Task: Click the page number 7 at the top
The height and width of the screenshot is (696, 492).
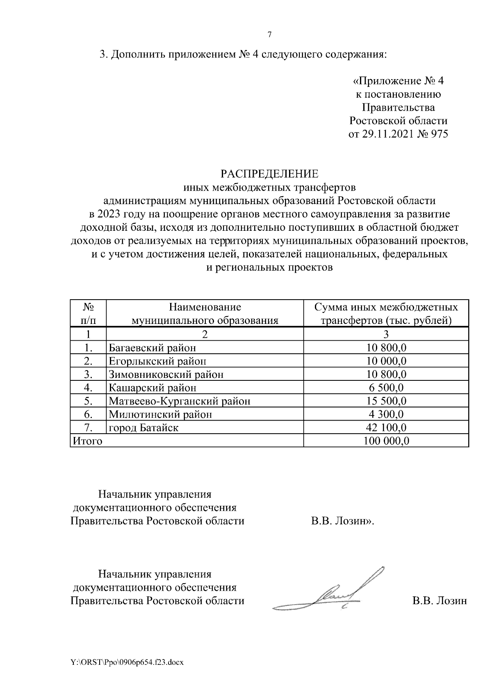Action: tap(269, 35)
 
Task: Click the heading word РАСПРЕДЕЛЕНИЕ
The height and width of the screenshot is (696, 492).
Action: tap(269, 174)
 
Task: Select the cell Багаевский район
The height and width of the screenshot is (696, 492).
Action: tap(152, 348)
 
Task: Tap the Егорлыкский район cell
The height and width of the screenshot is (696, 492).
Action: tap(157, 361)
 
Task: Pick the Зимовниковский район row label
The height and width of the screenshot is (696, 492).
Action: tap(166, 374)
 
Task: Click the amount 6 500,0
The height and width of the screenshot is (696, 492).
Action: tap(386, 387)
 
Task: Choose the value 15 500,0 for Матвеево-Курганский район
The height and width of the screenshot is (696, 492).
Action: tap(386, 401)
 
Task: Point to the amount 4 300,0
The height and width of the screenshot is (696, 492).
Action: tap(386, 414)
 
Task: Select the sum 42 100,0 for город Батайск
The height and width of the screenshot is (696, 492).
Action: tap(386, 428)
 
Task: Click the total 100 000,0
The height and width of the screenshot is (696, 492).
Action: tap(386, 441)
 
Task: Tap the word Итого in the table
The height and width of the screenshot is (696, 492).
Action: tap(87, 441)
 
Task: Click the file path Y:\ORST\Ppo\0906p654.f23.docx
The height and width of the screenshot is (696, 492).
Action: tap(127, 673)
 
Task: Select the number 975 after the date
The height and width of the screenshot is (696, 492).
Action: tap(438, 134)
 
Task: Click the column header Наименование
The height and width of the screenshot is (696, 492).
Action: tap(205, 307)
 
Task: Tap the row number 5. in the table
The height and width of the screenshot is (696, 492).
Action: tap(87, 401)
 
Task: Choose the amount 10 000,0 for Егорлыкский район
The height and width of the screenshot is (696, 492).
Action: tap(386, 361)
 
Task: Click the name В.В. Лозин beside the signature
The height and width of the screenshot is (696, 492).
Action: tap(440, 601)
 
